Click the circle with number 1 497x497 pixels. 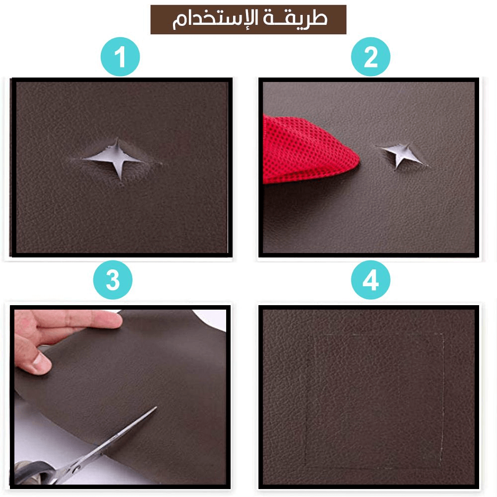(120, 57)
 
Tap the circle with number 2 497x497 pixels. (371, 57)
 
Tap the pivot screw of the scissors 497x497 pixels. (75, 467)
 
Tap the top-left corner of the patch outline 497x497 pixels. (309, 335)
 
